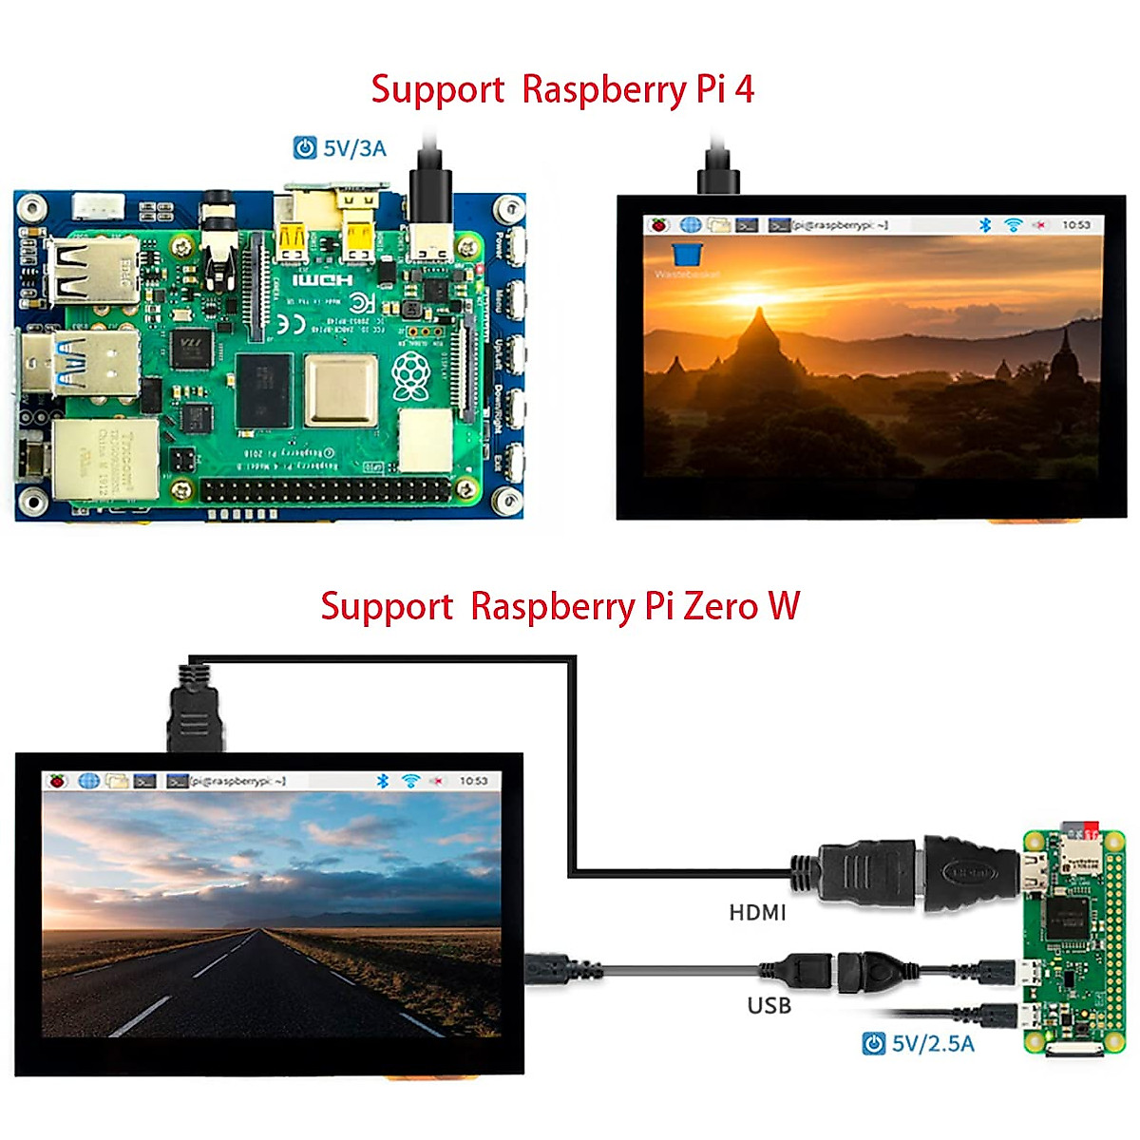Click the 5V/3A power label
pos(354,148)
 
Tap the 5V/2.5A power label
pos(932,1044)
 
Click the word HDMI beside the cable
pos(757,913)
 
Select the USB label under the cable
pos(769,1005)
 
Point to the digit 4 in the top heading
pos(744,89)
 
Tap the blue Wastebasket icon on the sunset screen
pos(687,254)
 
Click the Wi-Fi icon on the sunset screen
pos(1014,225)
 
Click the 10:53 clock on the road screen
pos(473,781)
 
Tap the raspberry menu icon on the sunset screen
pos(659,225)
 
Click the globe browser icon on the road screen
pos(88,781)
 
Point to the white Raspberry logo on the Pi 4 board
pos(410,376)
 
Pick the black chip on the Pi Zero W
pos(1065,918)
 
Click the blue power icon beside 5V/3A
pos(305,148)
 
